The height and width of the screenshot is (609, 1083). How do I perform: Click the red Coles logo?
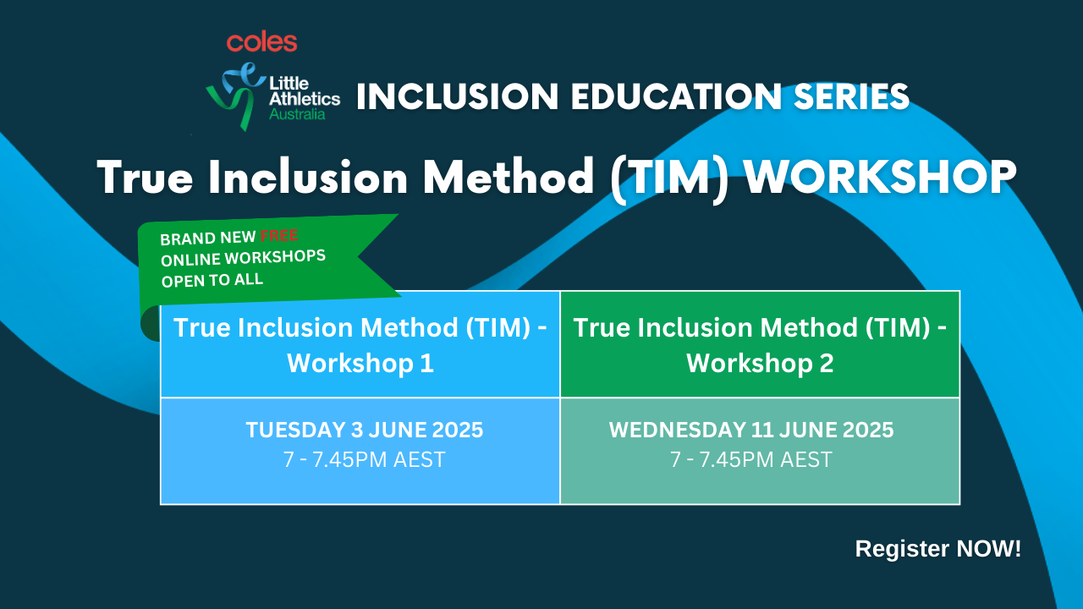[x=261, y=42]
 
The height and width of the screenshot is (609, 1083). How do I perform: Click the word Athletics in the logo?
[x=305, y=99]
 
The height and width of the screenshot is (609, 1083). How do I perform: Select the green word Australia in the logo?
[x=297, y=114]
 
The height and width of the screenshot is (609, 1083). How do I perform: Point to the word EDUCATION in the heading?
[x=676, y=96]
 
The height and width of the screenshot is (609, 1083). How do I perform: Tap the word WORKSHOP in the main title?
[x=880, y=177]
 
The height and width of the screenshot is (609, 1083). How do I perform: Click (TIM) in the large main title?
[x=669, y=178]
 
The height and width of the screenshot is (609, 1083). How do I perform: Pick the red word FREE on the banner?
[x=279, y=236]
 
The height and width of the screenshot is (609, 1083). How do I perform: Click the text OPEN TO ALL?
[x=212, y=280]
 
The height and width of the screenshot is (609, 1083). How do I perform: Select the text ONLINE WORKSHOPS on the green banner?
[x=243, y=258]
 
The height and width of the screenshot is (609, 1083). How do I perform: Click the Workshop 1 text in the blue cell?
[x=360, y=363]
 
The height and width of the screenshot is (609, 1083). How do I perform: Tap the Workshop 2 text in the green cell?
[x=760, y=363]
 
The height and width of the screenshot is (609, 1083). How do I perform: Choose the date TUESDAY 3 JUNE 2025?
[x=365, y=430]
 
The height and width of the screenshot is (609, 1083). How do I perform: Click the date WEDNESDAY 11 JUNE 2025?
[x=751, y=430]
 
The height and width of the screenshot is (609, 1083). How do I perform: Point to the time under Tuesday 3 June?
[x=365, y=459]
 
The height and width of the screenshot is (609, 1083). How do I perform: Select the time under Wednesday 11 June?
[x=751, y=459]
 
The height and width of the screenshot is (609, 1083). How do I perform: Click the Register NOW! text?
[x=938, y=549]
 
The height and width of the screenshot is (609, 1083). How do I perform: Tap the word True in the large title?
[x=146, y=177]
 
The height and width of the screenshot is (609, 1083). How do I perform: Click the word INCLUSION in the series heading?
[x=458, y=96]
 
